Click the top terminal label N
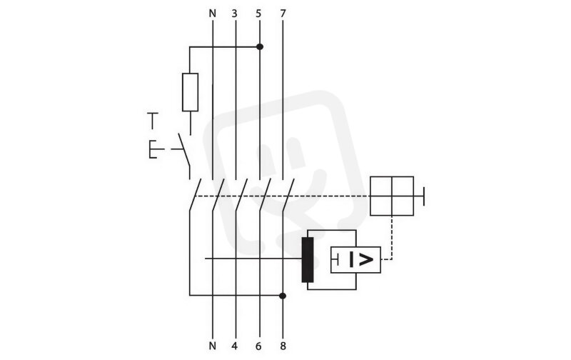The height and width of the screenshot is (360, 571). [213, 14]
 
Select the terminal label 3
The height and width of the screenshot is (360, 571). [235, 14]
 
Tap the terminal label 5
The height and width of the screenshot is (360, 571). [258, 14]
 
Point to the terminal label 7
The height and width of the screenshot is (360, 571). [283, 14]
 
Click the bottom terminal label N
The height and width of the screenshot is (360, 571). [213, 346]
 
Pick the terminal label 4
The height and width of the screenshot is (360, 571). [235, 346]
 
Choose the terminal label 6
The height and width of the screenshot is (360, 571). [258, 346]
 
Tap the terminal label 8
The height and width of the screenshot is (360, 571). [283, 346]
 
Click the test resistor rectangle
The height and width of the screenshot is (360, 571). [190, 92]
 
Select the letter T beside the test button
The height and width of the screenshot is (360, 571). [153, 121]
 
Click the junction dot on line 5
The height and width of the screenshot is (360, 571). [260, 46]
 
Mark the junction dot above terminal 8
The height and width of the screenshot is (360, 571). [283, 296]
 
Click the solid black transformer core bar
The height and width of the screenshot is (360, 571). [308, 259]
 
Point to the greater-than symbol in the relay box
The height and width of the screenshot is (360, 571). [366, 260]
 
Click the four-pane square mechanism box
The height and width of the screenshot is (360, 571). [392, 196]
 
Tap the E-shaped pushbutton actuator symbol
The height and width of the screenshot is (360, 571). [153, 149]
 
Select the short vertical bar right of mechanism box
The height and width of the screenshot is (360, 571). [423, 196]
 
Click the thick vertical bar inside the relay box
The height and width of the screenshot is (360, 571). [351, 260]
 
